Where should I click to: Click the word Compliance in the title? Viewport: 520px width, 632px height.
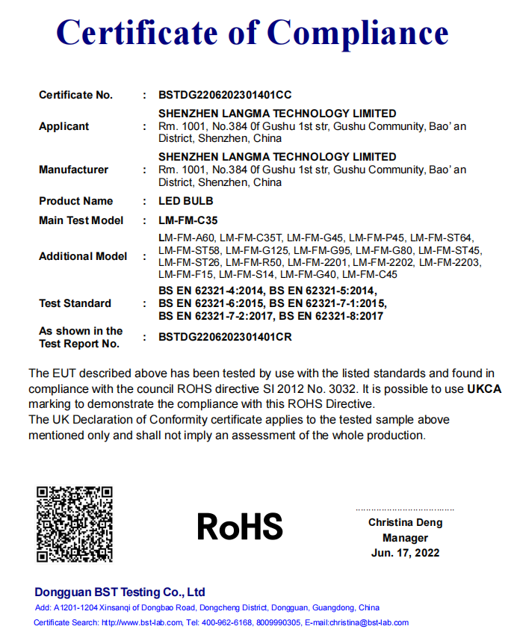pos(358,32)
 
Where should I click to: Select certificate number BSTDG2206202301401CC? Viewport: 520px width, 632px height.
pos(225,95)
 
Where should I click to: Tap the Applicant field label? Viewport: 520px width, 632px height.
pos(64,126)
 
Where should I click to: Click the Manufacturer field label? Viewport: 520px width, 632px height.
pos(73,170)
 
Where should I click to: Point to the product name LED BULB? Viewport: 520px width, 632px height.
pos(186,201)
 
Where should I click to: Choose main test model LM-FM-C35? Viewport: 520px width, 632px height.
pos(188,220)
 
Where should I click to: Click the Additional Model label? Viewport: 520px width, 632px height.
pos(83,256)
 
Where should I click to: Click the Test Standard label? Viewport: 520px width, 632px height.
pos(75,303)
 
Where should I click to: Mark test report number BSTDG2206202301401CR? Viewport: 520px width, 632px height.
pos(225,337)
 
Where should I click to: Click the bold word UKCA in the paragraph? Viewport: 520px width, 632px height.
pos(484,389)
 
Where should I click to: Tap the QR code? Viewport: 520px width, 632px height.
pos(75,524)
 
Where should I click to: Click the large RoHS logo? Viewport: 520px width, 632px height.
pos(240,526)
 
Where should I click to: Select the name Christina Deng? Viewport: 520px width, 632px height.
pos(405,523)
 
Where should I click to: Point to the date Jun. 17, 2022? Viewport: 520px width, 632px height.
pos(405,553)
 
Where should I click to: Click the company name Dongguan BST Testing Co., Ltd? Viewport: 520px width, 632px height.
pos(120,592)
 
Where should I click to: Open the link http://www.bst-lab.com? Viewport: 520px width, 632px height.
pos(142,622)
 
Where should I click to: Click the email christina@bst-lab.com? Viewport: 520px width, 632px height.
pos(365,622)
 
